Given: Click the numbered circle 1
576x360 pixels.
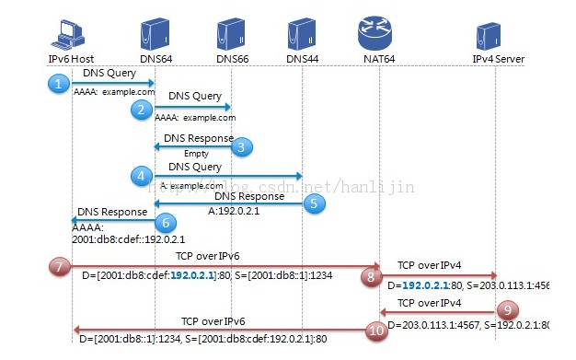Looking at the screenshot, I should [58, 84].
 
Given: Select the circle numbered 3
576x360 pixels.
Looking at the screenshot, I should [241, 145].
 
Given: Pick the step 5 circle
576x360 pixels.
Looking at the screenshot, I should [315, 204].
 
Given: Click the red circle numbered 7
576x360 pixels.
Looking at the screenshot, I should [59, 268].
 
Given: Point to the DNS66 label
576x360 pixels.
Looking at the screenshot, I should [232, 59].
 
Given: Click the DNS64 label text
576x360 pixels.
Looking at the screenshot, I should [155, 59].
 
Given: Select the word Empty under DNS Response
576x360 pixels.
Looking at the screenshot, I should [196, 154].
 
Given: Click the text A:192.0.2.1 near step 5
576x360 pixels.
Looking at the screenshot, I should [236, 209].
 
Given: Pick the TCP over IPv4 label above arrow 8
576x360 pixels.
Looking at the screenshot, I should [430, 264].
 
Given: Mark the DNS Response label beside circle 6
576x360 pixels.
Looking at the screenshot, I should [111, 212].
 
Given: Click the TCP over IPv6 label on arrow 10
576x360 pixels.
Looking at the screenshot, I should [213, 322].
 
